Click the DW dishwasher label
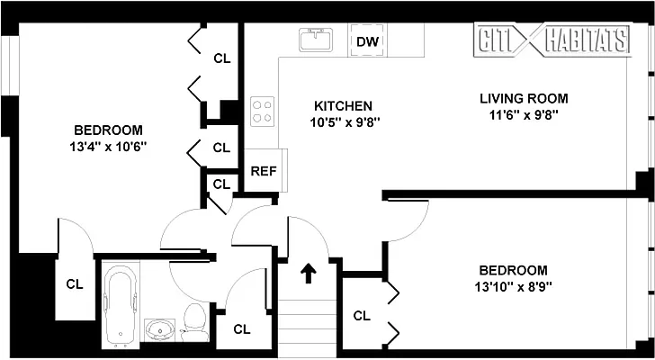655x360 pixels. tap(365, 41)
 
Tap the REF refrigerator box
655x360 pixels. tap(263, 171)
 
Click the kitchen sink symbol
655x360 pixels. tap(316, 40)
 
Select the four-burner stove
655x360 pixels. tap(262, 111)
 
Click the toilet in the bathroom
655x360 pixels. tap(193, 319)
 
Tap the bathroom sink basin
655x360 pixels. tap(161, 329)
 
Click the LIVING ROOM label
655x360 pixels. tap(524, 98)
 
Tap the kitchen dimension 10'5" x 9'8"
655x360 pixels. tap(342, 122)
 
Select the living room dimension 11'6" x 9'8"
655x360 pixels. tap(525, 114)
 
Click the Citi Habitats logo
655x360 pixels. tap(551, 39)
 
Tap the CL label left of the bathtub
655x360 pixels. tap(75, 283)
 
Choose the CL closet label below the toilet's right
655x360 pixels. tap(241, 329)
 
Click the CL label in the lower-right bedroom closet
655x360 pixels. tap(362, 316)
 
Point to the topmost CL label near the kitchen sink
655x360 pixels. tap(221, 58)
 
